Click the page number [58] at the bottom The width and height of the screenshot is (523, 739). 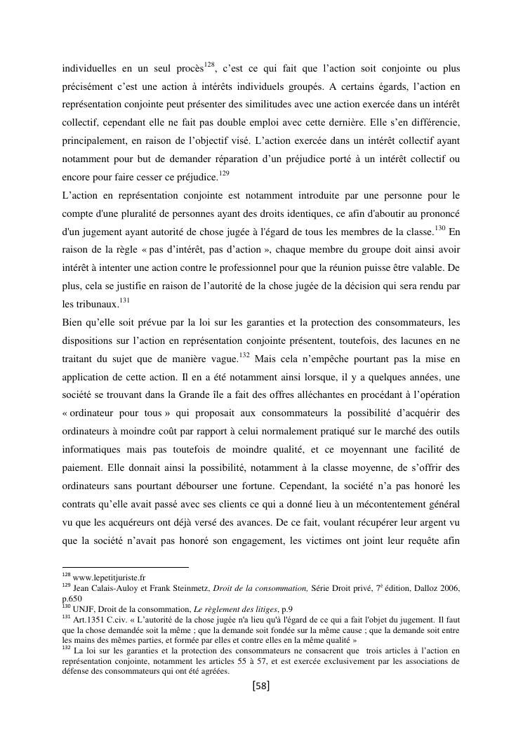pos(260,686)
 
